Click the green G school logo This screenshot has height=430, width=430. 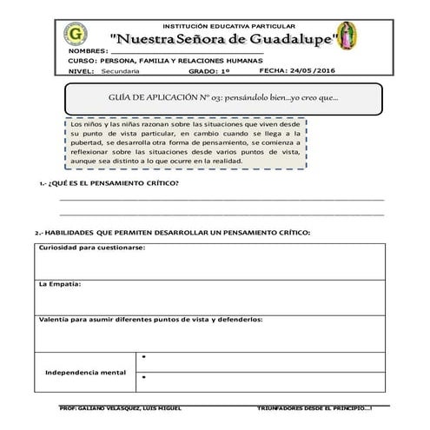tap(75, 37)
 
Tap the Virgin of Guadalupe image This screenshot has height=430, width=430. tap(350, 37)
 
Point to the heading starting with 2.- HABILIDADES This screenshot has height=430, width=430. tap(172, 233)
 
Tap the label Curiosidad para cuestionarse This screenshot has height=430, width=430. tap(91, 248)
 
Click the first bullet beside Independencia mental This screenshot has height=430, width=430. tap(143, 358)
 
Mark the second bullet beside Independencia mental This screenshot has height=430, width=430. tap(143, 378)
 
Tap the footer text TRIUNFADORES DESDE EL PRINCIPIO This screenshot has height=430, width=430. tap(314, 407)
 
